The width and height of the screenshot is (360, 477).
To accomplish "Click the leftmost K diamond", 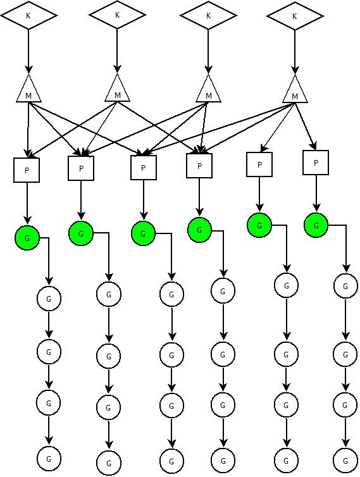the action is (x=28, y=15).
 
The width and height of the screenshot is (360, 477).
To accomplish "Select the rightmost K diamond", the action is (x=295, y=16).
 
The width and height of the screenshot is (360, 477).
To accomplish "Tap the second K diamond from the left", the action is (x=118, y=15).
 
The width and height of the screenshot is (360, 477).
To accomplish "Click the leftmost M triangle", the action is (x=28, y=88).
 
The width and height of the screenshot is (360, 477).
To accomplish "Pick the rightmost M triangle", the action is (x=295, y=89).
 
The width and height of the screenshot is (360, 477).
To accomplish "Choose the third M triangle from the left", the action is (x=208, y=88).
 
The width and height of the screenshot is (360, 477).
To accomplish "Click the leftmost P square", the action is (x=27, y=170).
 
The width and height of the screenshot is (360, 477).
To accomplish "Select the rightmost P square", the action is (x=316, y=163).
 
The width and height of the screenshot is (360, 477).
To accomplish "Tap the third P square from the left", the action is (x=144, y=168).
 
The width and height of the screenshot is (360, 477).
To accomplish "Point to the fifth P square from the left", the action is (x=259, y=164).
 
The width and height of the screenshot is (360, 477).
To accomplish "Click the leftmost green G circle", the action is (x=27, y=238).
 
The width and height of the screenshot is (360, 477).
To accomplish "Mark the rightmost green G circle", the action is (x=316, y=225).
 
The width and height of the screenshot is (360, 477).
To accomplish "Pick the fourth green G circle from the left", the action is (x=199, y=230).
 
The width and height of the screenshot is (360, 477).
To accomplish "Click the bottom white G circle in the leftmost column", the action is (x=49, y=459).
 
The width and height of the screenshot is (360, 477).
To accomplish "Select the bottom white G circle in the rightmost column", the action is (x=345, y=461).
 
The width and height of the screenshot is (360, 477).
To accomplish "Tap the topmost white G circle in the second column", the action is (x=109, y=294).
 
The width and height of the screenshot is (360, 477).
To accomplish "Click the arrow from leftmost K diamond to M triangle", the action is (x=28, y=51).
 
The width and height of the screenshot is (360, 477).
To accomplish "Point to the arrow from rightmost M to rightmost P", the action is (x=305, y=127).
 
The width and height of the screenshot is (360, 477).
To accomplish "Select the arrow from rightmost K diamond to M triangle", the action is (x=295, y=52).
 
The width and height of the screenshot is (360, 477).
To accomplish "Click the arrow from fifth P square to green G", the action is (x=259, y=194).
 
